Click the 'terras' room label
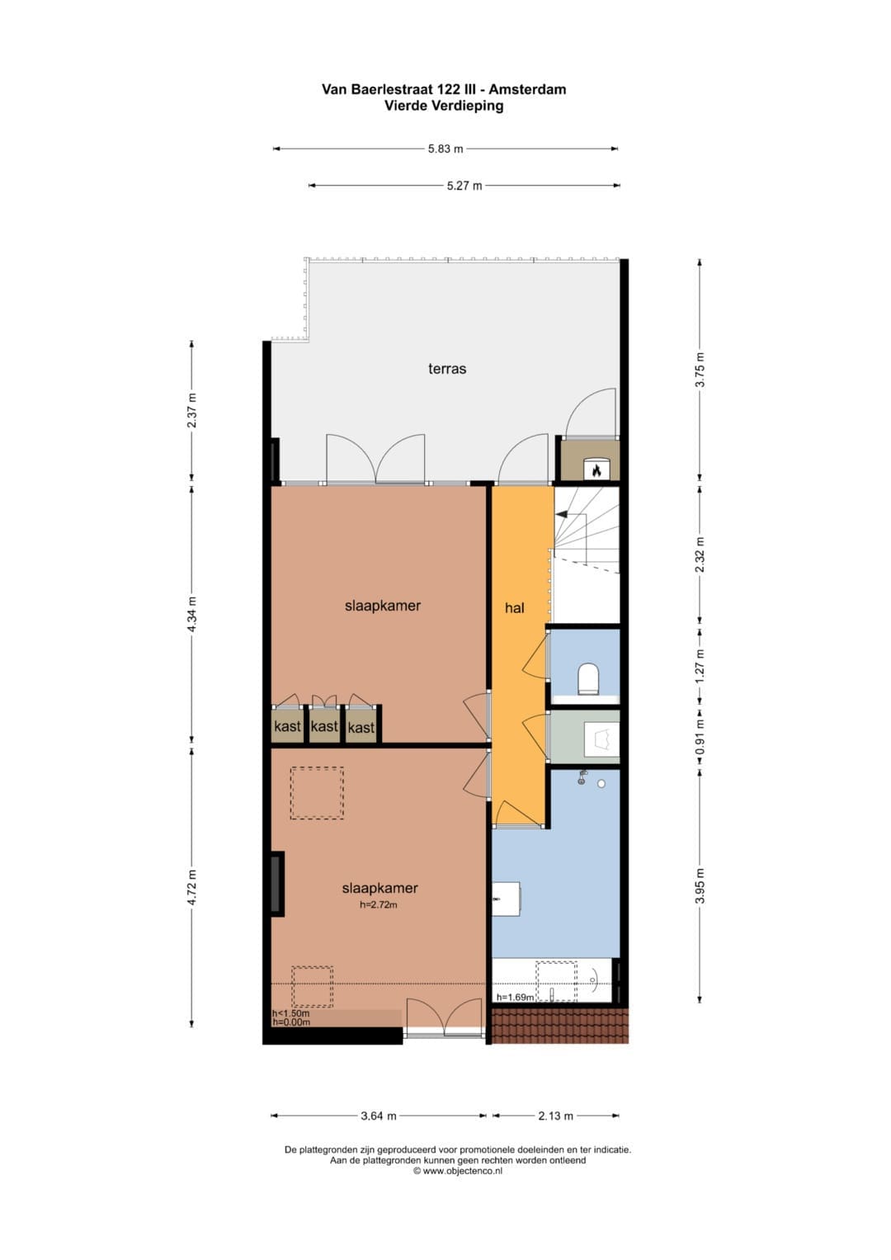(x=446, y=369)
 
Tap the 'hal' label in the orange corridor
(x=515, y=607)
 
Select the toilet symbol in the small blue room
(x=589, y=677)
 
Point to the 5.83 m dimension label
(x=445, y=149)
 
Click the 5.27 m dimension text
(x=464, y=186)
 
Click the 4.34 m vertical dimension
(x=191, y=614)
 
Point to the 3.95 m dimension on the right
(x=700, y=886)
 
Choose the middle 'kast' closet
(x=324, y=726)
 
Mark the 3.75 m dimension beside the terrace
(x=700, y=370)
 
